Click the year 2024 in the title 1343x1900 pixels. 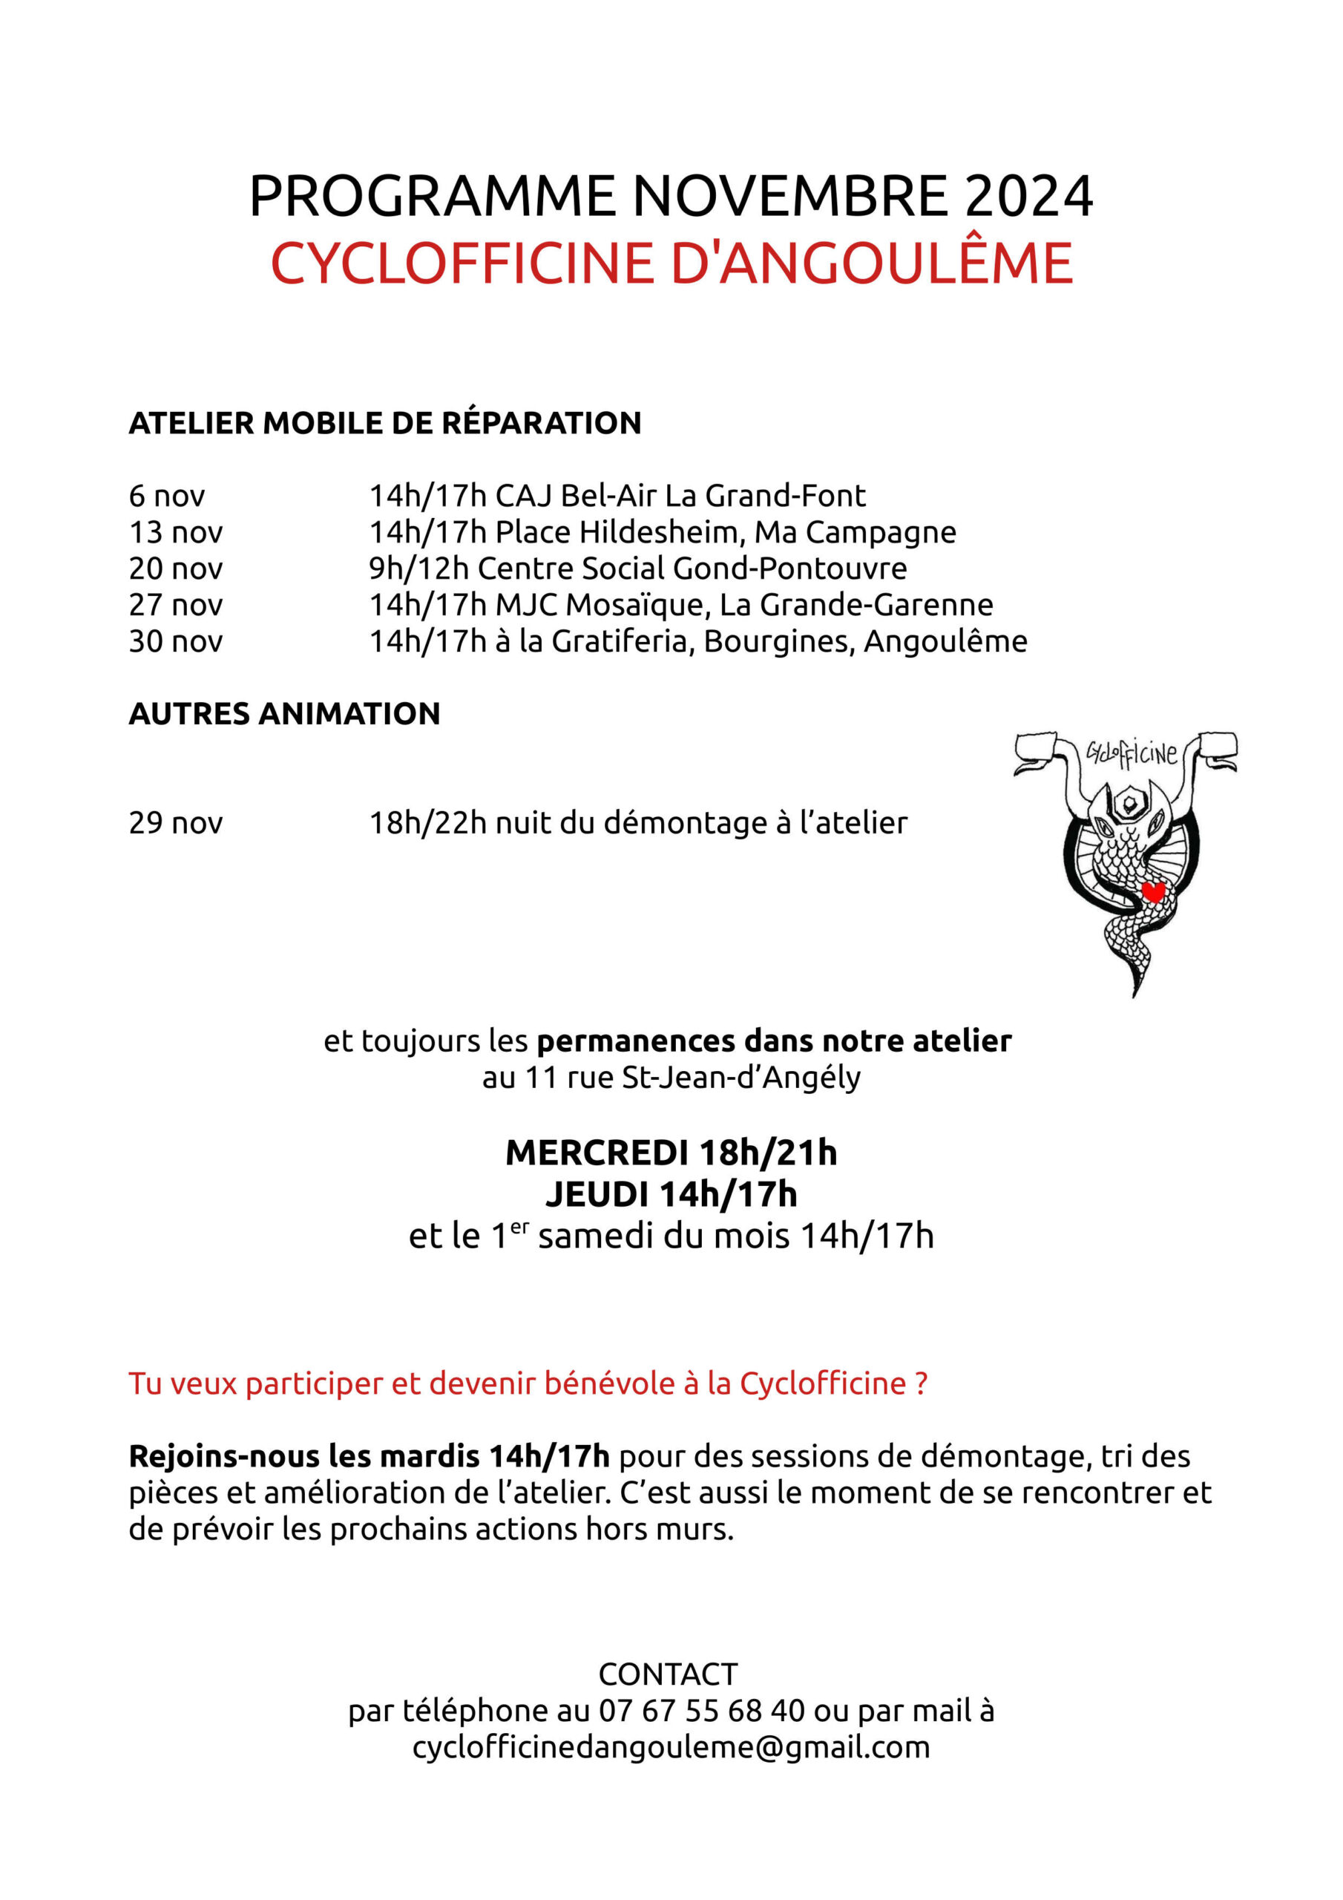[1028, 197]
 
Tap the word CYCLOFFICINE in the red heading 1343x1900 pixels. [464, 264]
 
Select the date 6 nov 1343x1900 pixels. [166, 497]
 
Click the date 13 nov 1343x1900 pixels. [175, 533]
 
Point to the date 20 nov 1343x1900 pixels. [175, 569]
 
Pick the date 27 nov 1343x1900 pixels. [175, 606]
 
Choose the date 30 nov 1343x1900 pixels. [175, 642]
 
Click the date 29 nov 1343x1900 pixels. [175, 823]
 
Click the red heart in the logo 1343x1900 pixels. [1152, 892]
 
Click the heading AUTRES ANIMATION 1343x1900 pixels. [284, 714]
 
